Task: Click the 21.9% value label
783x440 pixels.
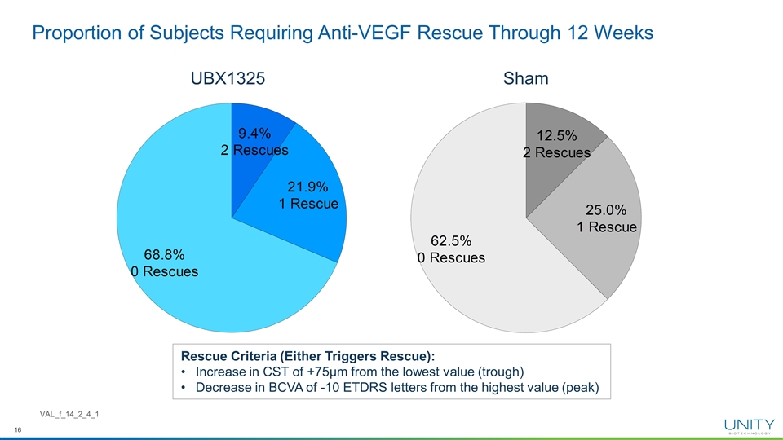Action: (307, 187)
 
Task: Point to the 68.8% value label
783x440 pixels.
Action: (164, 254)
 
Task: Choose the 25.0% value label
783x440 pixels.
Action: (606, 210)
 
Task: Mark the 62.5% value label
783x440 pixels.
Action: (451, 241)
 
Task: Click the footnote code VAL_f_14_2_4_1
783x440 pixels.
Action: (70, 416)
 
